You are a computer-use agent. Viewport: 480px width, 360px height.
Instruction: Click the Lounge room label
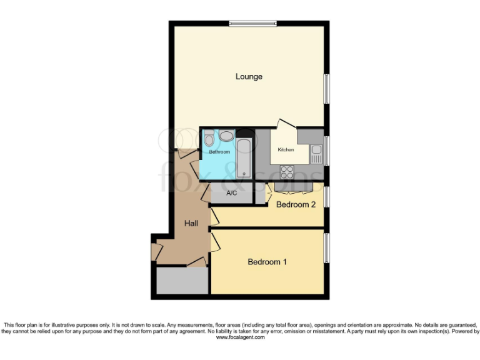tap(249, 77)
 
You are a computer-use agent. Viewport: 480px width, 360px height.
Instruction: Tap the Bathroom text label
tap(219, 152)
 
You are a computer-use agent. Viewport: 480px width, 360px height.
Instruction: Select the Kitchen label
tap(286, 150)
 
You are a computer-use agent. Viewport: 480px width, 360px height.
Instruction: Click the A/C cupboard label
tap(231, 193)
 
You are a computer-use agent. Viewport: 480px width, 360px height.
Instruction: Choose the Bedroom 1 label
tap(267, 262)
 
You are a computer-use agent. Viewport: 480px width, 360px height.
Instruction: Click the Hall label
tap(191, 223)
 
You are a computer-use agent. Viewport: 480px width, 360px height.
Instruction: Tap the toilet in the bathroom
tap(209, 137)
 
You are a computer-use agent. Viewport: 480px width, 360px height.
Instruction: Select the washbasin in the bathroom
tap(226, 135)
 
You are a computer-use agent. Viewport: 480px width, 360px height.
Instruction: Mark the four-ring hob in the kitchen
tap(287, 171)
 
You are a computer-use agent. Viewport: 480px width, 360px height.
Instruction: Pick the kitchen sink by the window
tap(316, 153)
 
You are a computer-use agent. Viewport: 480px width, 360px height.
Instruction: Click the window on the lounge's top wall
tap(252, 24)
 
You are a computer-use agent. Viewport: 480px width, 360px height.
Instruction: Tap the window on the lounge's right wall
tap(326, 89)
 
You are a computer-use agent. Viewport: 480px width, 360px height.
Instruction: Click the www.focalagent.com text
tap(240, 337)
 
